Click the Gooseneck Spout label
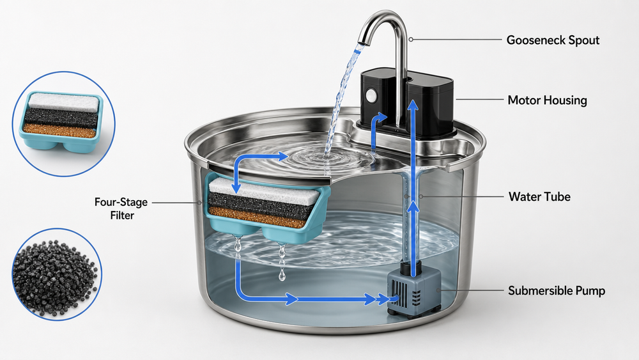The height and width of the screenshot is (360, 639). point(553,40)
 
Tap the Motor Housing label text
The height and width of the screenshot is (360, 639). point(547,100)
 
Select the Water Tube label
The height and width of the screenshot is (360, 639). point(539,196)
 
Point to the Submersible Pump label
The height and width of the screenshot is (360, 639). point(557,291)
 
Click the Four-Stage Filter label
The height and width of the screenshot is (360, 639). point(121,208)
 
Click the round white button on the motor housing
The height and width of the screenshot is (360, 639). point(371,96)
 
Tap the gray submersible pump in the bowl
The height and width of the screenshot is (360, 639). point(413,290)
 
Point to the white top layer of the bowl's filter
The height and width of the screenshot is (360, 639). point(264,191)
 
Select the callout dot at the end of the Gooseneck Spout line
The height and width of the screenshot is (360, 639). point(411,40)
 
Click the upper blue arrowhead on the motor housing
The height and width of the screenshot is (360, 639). point(413,105)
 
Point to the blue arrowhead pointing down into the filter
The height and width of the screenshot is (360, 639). point(236,189)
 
